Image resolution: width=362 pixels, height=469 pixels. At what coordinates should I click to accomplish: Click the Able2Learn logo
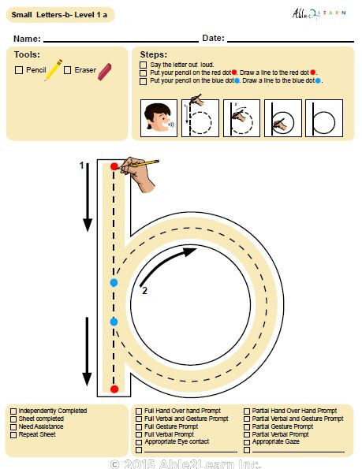click(x=325, y=13)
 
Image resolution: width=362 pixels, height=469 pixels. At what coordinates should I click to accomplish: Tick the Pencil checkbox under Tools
click(x=19, y=70)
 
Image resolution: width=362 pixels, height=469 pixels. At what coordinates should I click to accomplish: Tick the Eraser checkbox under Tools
click(x=68, y=70)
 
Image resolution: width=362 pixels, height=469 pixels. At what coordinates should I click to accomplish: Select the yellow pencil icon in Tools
click(x=54, y=71)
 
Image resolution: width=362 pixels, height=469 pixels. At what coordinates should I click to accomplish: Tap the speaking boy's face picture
click(x=158, y=119)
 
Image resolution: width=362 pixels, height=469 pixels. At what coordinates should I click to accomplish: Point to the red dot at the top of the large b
click(x=114, y=166)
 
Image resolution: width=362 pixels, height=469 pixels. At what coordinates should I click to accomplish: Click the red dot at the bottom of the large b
click(x=114, y=389)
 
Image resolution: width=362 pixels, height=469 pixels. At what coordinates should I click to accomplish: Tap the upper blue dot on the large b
click(x=114, y=281)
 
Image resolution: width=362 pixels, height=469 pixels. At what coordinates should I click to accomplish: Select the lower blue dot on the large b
click(x=114, y=322)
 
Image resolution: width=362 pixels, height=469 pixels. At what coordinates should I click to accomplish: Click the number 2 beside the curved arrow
click(x=144, y=291)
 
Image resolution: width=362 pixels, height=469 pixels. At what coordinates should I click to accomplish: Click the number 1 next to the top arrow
click(x=81, y=166)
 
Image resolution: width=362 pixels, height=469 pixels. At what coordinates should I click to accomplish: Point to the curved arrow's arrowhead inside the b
click(x=190, y=251)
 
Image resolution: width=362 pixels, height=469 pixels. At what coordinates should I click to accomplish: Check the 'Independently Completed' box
click(x=13, y=411)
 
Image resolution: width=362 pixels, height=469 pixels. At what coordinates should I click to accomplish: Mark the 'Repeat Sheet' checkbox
click(x=13, y=434)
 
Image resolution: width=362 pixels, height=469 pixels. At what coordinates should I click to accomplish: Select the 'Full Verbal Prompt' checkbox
click(x=139, y=434)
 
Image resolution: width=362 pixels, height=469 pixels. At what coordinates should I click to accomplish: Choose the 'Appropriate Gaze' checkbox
click(x=247, y=442)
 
